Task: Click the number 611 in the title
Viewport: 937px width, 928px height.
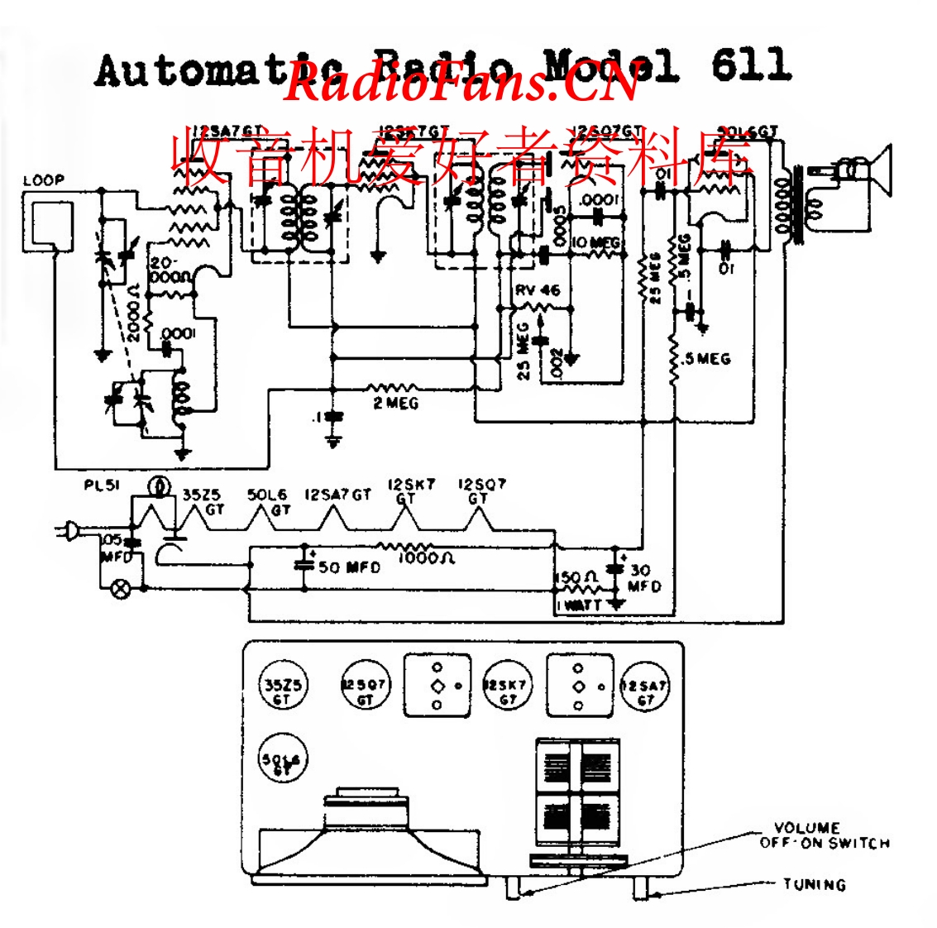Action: [x=750, y=65]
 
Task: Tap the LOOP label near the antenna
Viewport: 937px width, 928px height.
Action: [x=43, y=180]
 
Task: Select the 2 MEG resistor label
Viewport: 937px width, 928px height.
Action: [x=395, y=404]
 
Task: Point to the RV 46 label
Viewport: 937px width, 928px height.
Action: [x=537, y=290]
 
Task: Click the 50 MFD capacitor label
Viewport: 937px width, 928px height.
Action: [x=349, y=567]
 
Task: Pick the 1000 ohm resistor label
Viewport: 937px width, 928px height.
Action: [x=426, y=558]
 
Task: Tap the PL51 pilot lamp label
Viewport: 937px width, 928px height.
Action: [x=102, y=486]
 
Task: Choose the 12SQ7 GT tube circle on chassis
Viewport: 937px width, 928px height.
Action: [x=365, y=685]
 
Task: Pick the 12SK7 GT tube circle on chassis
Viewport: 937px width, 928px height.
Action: [x=507, y=685]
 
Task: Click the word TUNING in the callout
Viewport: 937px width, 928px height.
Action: [x=815, y=884]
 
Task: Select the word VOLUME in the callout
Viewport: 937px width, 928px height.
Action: [x=806, y=828]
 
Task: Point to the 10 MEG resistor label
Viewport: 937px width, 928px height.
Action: [x=595, y=242]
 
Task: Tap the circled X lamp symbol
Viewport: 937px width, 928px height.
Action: [x=121, y=589]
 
